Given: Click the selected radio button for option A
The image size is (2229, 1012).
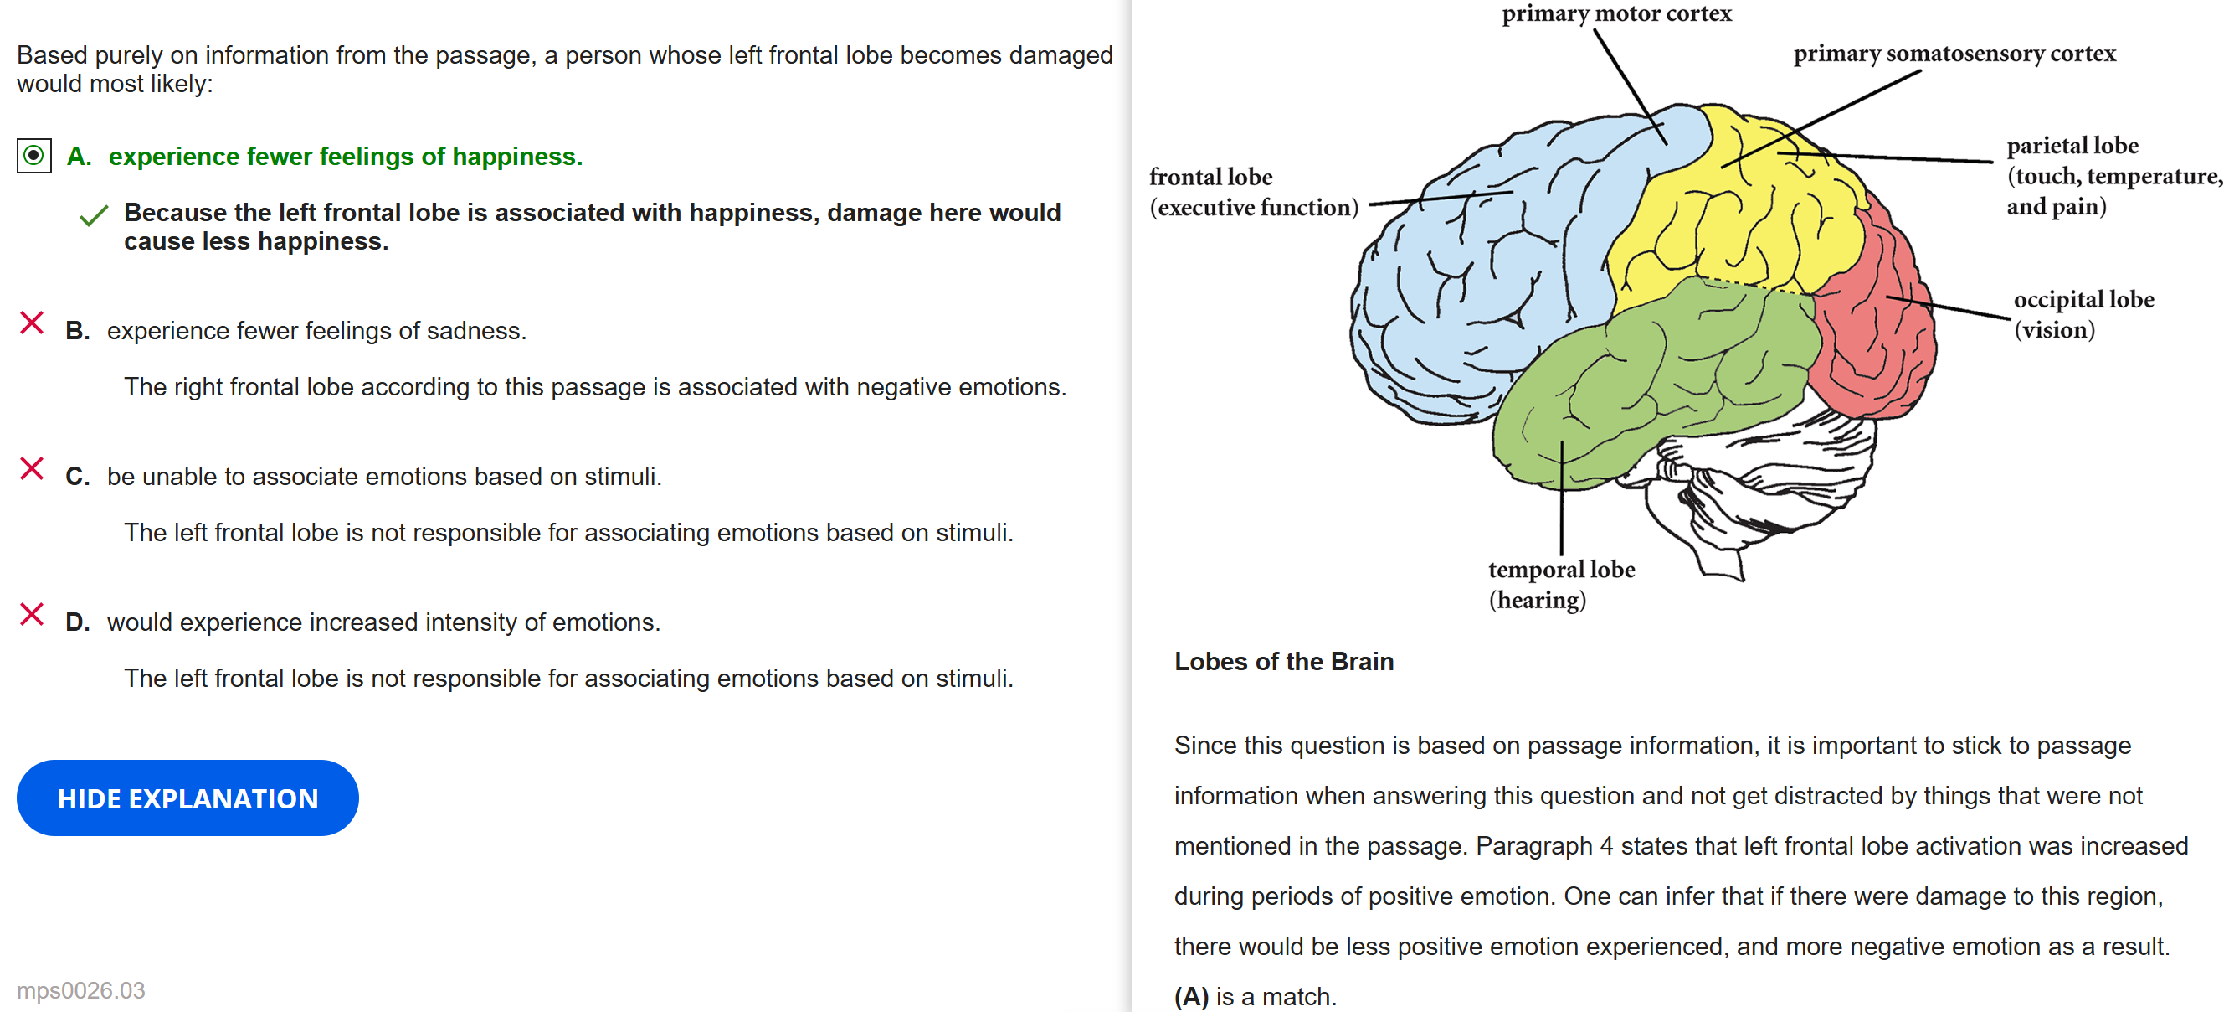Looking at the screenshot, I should [33, 156].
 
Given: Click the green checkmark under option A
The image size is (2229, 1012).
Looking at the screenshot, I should [94, 214].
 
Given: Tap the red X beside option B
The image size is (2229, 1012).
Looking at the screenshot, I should [32, 323].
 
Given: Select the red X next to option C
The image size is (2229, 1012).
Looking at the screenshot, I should [32, 468].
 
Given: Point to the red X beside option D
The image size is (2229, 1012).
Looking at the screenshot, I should [32, 614].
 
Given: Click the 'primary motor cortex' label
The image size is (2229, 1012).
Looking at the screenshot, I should [1615, 14].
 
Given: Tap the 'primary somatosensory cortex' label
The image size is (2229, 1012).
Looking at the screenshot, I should [1954, 54].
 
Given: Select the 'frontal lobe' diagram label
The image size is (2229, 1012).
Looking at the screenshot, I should [1210, 178].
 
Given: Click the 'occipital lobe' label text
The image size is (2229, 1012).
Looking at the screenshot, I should [2083, 300].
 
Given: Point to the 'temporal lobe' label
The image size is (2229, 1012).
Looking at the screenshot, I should [1560, 570].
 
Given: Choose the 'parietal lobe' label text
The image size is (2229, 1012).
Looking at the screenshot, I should [2072, 146].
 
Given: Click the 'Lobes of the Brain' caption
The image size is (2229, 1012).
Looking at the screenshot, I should [1283, 661].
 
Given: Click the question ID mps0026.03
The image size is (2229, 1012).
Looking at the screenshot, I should [81, 989].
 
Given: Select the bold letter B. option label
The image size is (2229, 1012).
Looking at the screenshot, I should [77, 331].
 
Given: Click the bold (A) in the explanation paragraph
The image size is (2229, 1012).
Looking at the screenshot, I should [1190, 995].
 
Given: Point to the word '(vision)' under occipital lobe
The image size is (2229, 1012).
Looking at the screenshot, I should [2054, 330].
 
